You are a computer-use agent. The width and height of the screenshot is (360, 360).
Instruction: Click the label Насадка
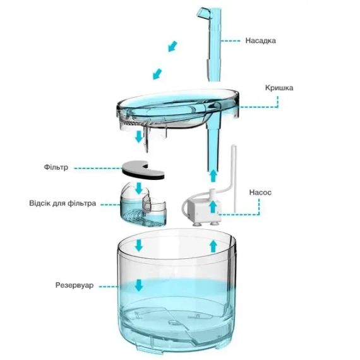(260, 40)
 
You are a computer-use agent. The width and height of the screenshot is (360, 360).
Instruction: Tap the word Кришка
(279, 88)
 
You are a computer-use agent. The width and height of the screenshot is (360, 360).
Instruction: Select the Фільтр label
(56, 167)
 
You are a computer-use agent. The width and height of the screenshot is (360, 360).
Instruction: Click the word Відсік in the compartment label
(40, 203)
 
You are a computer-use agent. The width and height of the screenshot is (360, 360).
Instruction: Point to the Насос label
(260, 193)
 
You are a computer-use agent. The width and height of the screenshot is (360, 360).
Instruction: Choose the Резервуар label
(75, 285)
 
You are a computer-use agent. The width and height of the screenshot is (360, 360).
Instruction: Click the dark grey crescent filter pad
(143, 170)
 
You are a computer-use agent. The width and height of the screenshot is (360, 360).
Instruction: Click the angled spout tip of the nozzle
(203, 13)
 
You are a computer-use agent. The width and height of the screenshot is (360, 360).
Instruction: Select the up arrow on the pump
(213, 207)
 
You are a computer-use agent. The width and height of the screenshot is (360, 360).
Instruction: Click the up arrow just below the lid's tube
(213, 176)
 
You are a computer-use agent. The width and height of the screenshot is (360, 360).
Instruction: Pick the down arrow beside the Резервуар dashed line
(139, 285)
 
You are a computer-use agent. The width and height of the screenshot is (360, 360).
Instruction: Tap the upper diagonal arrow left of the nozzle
(172, 46)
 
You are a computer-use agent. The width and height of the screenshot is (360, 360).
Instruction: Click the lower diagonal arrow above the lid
(157, 74)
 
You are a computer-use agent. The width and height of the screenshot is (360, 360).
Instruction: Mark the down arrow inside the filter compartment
(138, 188)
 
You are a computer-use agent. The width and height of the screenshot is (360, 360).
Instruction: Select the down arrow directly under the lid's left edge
(139, 137)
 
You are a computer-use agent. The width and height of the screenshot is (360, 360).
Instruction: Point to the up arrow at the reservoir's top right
(213, 246)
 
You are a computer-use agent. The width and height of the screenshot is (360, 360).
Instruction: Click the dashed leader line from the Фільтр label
(98, 168)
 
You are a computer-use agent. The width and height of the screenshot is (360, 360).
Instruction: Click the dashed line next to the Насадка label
(231, 41)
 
